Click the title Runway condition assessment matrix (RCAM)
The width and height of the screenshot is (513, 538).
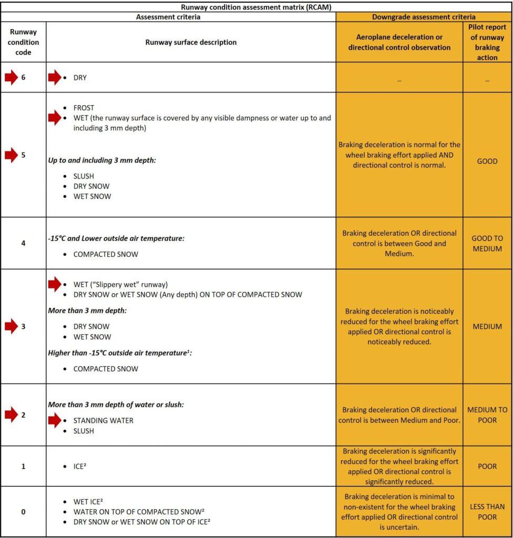(256, 7)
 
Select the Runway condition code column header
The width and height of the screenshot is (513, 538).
(23, 42)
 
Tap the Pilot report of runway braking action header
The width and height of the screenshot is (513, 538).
(487, 42)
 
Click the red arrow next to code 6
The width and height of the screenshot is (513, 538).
(11, 78)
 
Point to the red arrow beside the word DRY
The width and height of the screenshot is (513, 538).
(55, 78)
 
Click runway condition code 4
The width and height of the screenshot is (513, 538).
(23, 243)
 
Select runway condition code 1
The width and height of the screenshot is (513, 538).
(23, 466)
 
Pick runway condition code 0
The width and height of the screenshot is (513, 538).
(23, 512)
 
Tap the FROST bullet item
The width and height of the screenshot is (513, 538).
(84, 108)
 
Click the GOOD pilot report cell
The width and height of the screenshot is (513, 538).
(487, 161)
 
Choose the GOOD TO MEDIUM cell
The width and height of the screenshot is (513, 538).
(487, 243)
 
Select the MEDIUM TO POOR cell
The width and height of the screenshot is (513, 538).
(487, 415)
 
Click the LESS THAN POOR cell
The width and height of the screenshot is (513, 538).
(487, 512)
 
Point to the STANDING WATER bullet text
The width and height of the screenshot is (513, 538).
(103, 420)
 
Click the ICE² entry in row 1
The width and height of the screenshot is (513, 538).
(79, 466)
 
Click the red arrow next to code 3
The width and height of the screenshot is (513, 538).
(11, 326)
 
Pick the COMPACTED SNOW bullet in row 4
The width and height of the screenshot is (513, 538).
(106, 254)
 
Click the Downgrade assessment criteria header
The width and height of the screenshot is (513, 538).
(424, 17)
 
